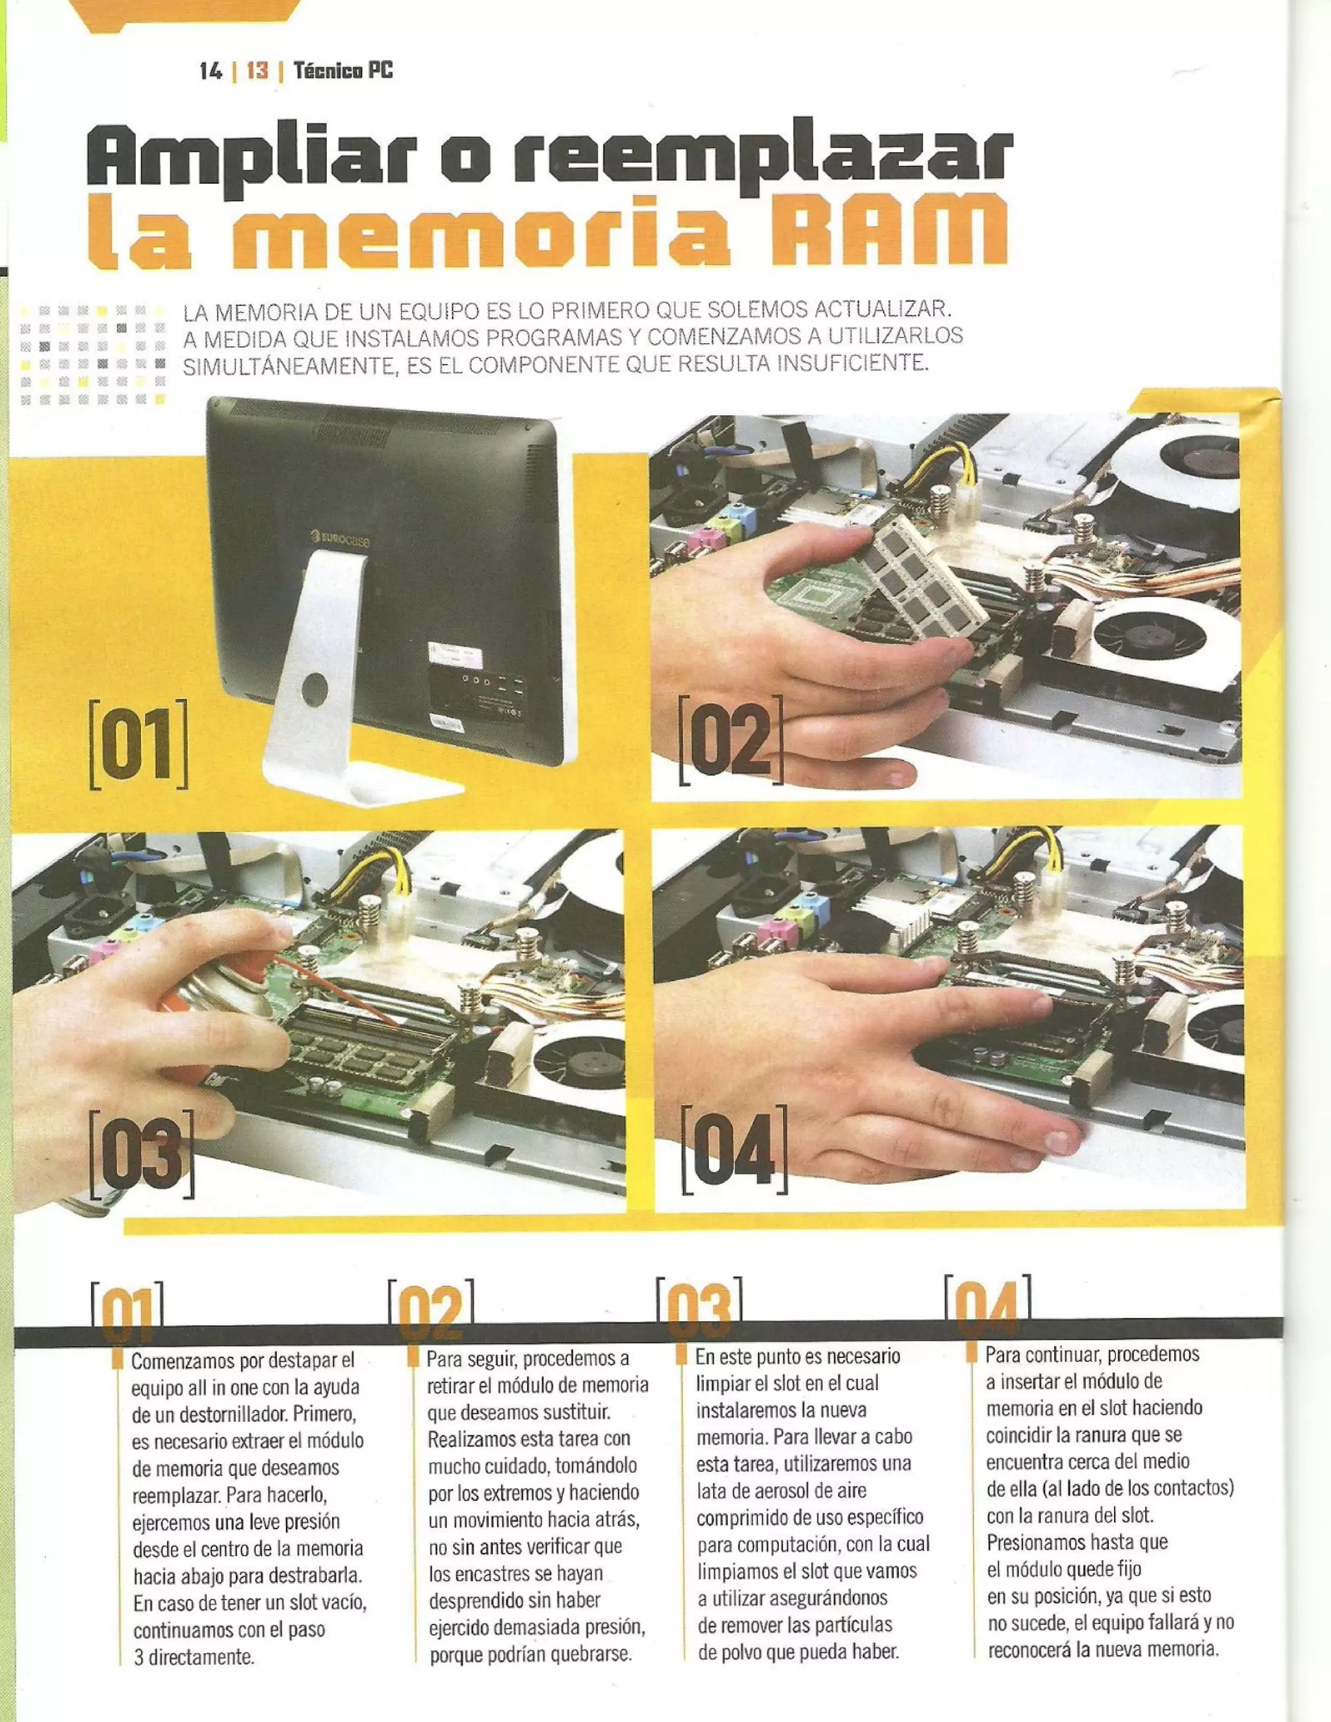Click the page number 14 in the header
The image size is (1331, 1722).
click(211, 71)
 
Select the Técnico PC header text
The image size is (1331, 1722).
click(342, 71)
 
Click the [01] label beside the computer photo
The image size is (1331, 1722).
click(140, 744)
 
